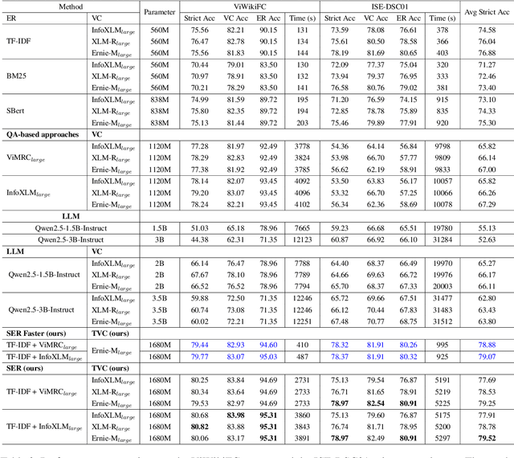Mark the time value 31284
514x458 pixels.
pyautogui.click(x=442, y=239)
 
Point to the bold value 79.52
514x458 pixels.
pyautogui.click(x=484, y=439)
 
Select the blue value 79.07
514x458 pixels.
pyautogui.click(x=484, y=356)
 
